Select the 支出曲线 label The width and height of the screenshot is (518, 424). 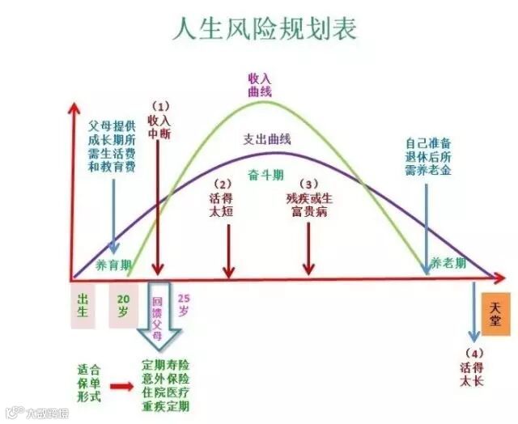click(x=268, y=138)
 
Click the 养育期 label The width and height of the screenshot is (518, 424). click(x=112, y=264)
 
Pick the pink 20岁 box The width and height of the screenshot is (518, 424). click(x=124, y=305)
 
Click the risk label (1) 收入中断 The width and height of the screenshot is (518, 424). click(x=159, y=121)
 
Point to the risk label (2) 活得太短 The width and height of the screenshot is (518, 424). click(x=227, y=197)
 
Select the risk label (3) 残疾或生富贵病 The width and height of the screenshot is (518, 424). click(x=308, y=197)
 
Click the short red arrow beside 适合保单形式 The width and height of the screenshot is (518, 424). click(x=122, y=388)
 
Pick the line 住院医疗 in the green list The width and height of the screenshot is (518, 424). click(x=166, y=392)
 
